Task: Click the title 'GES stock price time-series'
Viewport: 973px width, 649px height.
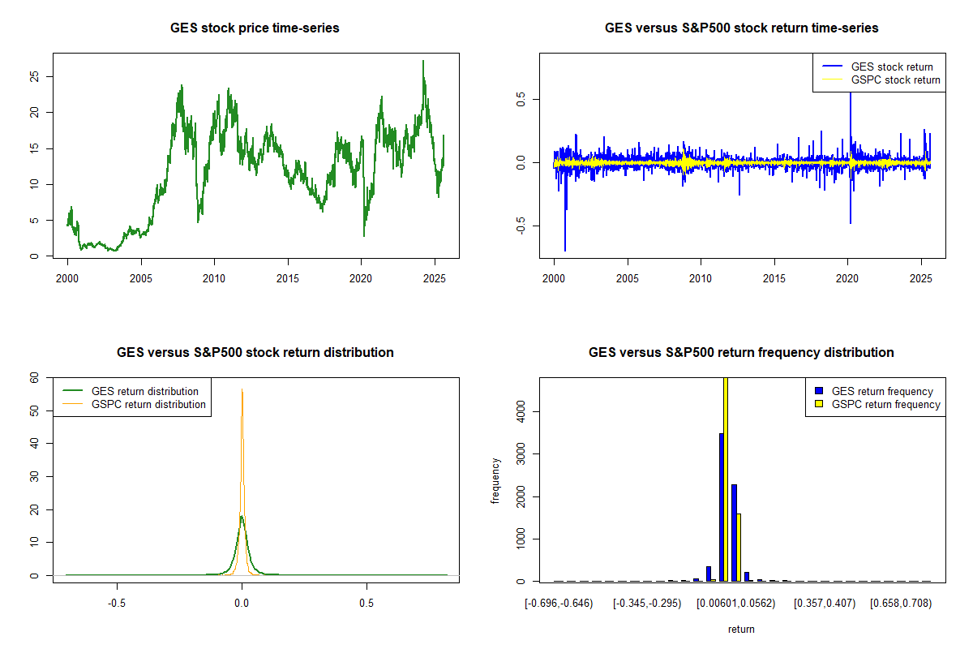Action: (x=255, y=28)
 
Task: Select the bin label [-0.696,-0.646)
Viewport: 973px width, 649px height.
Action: (x=559, y=604)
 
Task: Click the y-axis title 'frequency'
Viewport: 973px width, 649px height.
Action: (x=495, y=481)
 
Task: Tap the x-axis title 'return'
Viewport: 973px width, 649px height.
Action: (x=741, y=629)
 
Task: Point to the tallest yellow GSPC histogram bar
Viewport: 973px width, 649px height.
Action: (x=726, y=479)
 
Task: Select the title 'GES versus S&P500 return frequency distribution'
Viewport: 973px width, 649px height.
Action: (x=741, y=353)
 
